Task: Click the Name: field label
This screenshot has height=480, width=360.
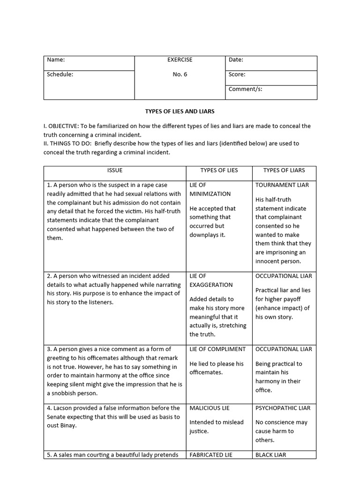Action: pos(56,60)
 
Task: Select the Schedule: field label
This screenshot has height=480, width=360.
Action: pos(60,75)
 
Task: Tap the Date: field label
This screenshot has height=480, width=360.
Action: pos(236,60)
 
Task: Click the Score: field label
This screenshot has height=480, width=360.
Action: pos(237,75)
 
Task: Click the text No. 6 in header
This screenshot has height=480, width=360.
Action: pos(180,75)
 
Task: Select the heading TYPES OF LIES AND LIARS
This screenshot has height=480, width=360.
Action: pos(180,112)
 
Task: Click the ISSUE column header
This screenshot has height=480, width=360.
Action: pos(115,171)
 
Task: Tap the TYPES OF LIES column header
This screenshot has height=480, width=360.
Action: pos(219,171)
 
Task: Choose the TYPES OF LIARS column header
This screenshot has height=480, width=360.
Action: pos(284,171)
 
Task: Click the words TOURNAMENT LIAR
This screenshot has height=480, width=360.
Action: pos(282,185)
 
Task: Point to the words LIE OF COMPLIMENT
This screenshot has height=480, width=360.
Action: pos(217,349)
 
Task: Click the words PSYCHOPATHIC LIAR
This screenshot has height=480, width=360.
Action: pos(283,408)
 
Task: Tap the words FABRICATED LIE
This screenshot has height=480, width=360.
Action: pos(211,455)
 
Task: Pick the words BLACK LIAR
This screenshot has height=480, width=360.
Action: pos(271,455)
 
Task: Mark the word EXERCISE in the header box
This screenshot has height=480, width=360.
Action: pos(180,60)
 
